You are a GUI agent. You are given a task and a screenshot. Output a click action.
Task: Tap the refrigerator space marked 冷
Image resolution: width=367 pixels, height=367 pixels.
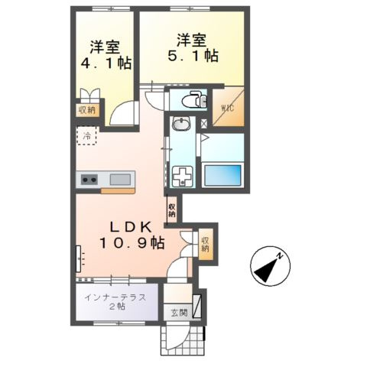coord(86,138)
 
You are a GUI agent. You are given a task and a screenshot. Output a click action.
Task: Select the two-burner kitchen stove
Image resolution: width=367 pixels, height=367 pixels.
coord(89,180)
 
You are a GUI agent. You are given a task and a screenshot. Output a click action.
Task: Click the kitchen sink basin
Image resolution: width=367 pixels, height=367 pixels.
coord(120,180)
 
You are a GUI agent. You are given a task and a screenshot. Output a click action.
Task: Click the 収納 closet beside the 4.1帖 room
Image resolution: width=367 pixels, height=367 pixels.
coord(86,110)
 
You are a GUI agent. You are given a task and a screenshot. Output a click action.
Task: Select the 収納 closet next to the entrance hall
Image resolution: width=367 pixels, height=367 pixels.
coord(206,244)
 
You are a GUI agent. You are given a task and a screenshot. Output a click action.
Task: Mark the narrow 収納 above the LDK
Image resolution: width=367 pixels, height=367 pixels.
coord(172,208)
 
